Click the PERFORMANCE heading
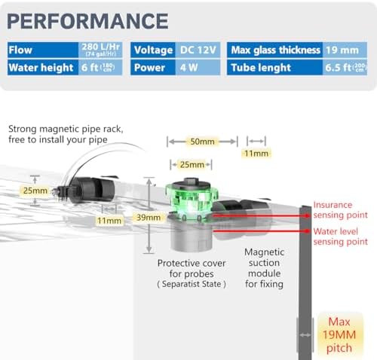coord(87,21)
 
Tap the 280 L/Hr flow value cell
coord(100,50)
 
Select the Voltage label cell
coord(153,50)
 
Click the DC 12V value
coord(198,50)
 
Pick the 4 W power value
coord(198,67)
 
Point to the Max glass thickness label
coord(275,50)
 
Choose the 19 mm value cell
coord(345,50)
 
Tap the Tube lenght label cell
coord(275,67)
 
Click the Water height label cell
coord(43,67)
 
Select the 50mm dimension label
coord(202,142)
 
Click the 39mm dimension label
coord(149,217)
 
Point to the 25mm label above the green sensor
coord(192,165)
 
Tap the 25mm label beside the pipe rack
coord(35,191)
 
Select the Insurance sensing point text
coord(340,210)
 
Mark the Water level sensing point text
coord(340,236)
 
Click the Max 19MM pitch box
coord(339,335)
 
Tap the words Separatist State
coord(192,284)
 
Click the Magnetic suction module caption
coord(264,268)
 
